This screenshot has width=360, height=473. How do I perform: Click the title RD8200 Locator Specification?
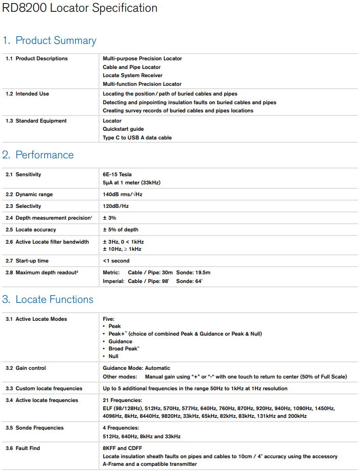click(x=80, y=8)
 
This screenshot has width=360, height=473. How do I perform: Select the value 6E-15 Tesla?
click(x=117, y=175)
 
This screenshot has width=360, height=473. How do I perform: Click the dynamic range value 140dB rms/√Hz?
click(x=123, y=195)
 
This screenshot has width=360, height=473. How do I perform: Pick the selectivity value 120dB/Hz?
click(x=115, y=206)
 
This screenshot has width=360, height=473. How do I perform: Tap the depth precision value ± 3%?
click(x=109, y=218)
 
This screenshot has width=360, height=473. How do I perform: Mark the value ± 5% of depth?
click(x=121, y=230)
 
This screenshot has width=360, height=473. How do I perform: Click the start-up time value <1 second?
click(x=116, y=261)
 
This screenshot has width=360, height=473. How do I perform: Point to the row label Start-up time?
click(x=32, y=261)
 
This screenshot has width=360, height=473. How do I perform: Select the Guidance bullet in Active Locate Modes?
click(x=120, y=342)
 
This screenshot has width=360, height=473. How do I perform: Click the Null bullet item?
click(x=113, y=357)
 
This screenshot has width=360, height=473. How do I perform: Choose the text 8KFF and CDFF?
click(x=123, y=448)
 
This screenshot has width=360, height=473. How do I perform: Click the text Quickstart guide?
click(x=123, y=129)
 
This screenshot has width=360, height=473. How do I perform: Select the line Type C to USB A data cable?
click(x=137, y=138)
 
